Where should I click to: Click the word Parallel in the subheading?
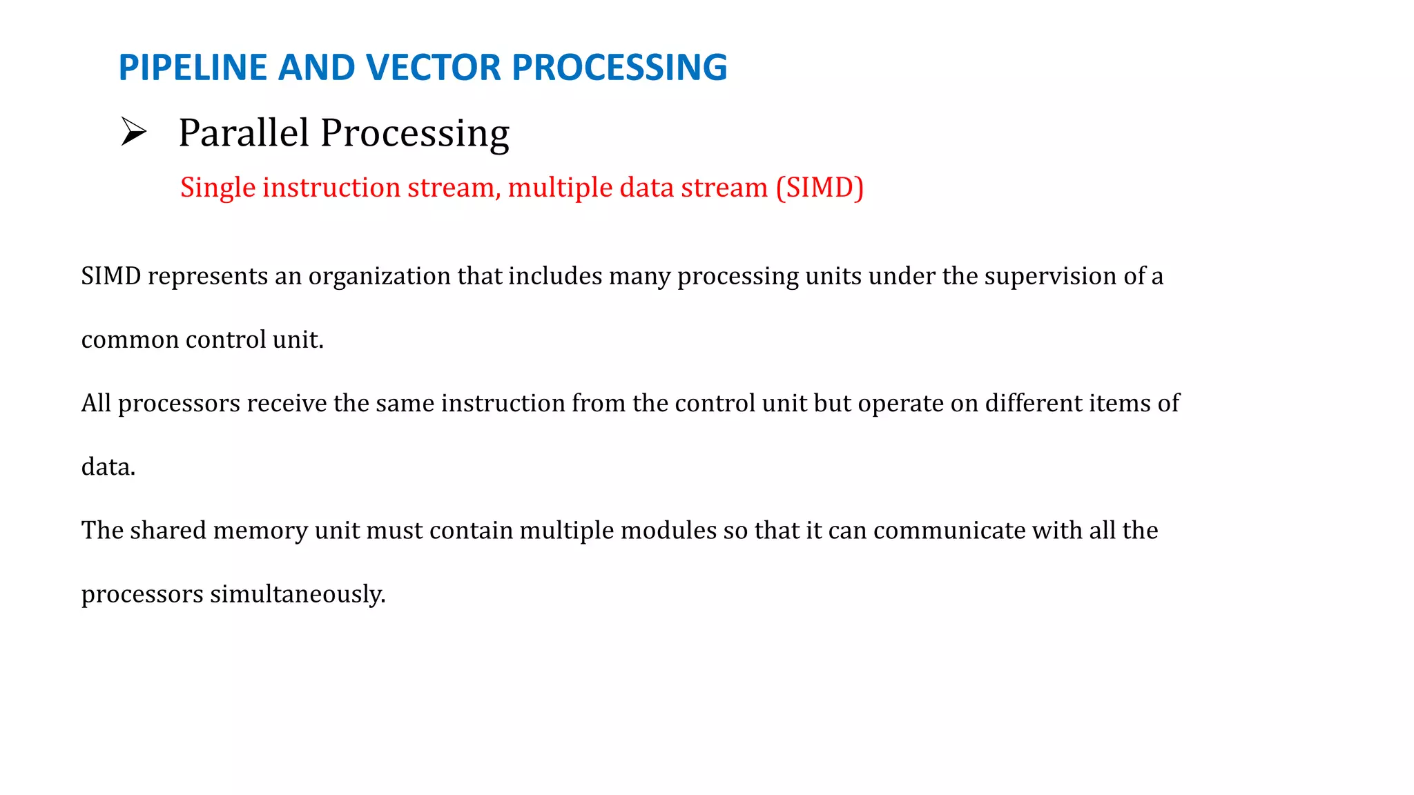coord(243,132)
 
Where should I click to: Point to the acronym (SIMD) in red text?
coord(820,188)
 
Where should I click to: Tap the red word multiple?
coord(560,188)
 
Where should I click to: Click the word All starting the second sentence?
coord(96,403)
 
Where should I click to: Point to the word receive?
coord(286,403)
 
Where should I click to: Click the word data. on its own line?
coord(108,467)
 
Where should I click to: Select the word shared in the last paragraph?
coord(168,531)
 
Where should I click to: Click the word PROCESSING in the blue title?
coord(619,68)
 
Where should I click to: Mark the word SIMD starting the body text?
coord(111,277)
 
